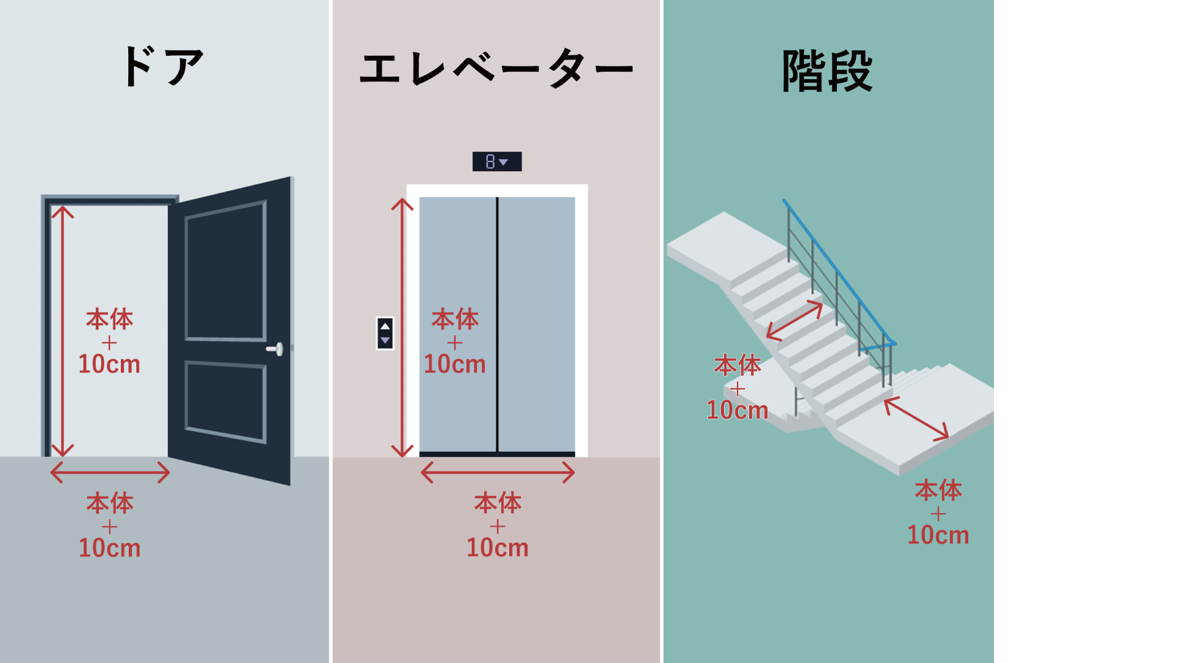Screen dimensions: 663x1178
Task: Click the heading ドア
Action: (x=163, y=66)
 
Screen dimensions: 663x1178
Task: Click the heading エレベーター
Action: (x=496, y=68)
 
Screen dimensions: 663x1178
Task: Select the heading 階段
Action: (x=827, y=71)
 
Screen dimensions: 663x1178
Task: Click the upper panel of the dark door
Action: (x=225, y=271)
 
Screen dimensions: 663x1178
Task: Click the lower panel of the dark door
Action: (x=225, y=401)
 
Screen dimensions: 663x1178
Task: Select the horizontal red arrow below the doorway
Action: (x=110, y=472)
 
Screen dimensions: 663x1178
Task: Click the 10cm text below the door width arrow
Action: (x=110, y=548)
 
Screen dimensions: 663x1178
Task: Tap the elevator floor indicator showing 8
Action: (x=496, y=161)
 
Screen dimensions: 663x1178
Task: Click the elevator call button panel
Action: (x=385, y=333)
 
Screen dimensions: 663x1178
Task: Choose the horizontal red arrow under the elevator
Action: (x=497, y=472)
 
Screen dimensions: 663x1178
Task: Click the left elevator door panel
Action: (x=458, y=258)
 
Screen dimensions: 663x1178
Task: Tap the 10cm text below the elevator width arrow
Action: (x=497, y=548)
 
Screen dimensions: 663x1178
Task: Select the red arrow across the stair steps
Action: (x=795, y=320)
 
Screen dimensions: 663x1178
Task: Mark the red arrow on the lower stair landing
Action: (x=916, y=419)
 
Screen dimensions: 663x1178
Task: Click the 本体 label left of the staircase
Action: (x=737, y=365)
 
